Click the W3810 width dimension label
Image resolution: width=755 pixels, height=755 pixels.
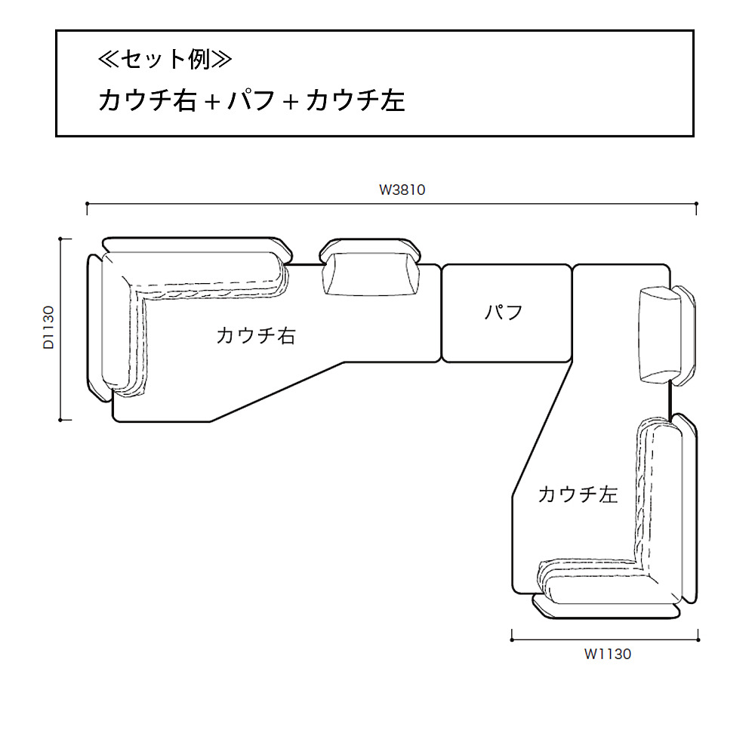[402, 190]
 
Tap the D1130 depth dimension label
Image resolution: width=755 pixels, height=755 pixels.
[49, 327]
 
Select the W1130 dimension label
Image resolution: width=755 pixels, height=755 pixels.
[607, 655]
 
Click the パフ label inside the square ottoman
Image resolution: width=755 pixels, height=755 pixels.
[504, 312]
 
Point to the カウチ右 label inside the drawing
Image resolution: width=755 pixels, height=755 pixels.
[255, 336]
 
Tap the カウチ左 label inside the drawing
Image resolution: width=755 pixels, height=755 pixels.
[578, 495]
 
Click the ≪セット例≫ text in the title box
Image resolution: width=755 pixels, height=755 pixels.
[165, 60]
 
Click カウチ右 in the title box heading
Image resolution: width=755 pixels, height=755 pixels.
[147, 100]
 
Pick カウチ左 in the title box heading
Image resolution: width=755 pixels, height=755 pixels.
[356, 100]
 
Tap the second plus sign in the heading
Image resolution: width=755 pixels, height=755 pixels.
[291, 102]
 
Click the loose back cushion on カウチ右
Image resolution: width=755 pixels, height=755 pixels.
[370, 274]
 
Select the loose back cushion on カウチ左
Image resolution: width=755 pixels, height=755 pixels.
[659, 334]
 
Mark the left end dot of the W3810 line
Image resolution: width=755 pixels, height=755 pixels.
[88, 204]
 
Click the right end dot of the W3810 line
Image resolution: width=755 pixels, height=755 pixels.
[695, 204]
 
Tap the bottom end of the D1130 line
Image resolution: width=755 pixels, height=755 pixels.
[66, 419]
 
